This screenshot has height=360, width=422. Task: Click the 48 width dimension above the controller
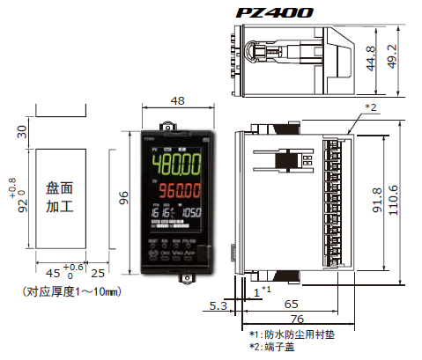click(x=176, y=101)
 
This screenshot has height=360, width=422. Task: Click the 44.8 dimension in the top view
click(x=370, y=58)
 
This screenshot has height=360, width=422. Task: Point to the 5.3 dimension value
click(x=216, y=305)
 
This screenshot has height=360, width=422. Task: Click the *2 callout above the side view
click(x=371, y=107)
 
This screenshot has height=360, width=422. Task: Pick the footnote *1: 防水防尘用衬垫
click(x=291, y=334)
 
